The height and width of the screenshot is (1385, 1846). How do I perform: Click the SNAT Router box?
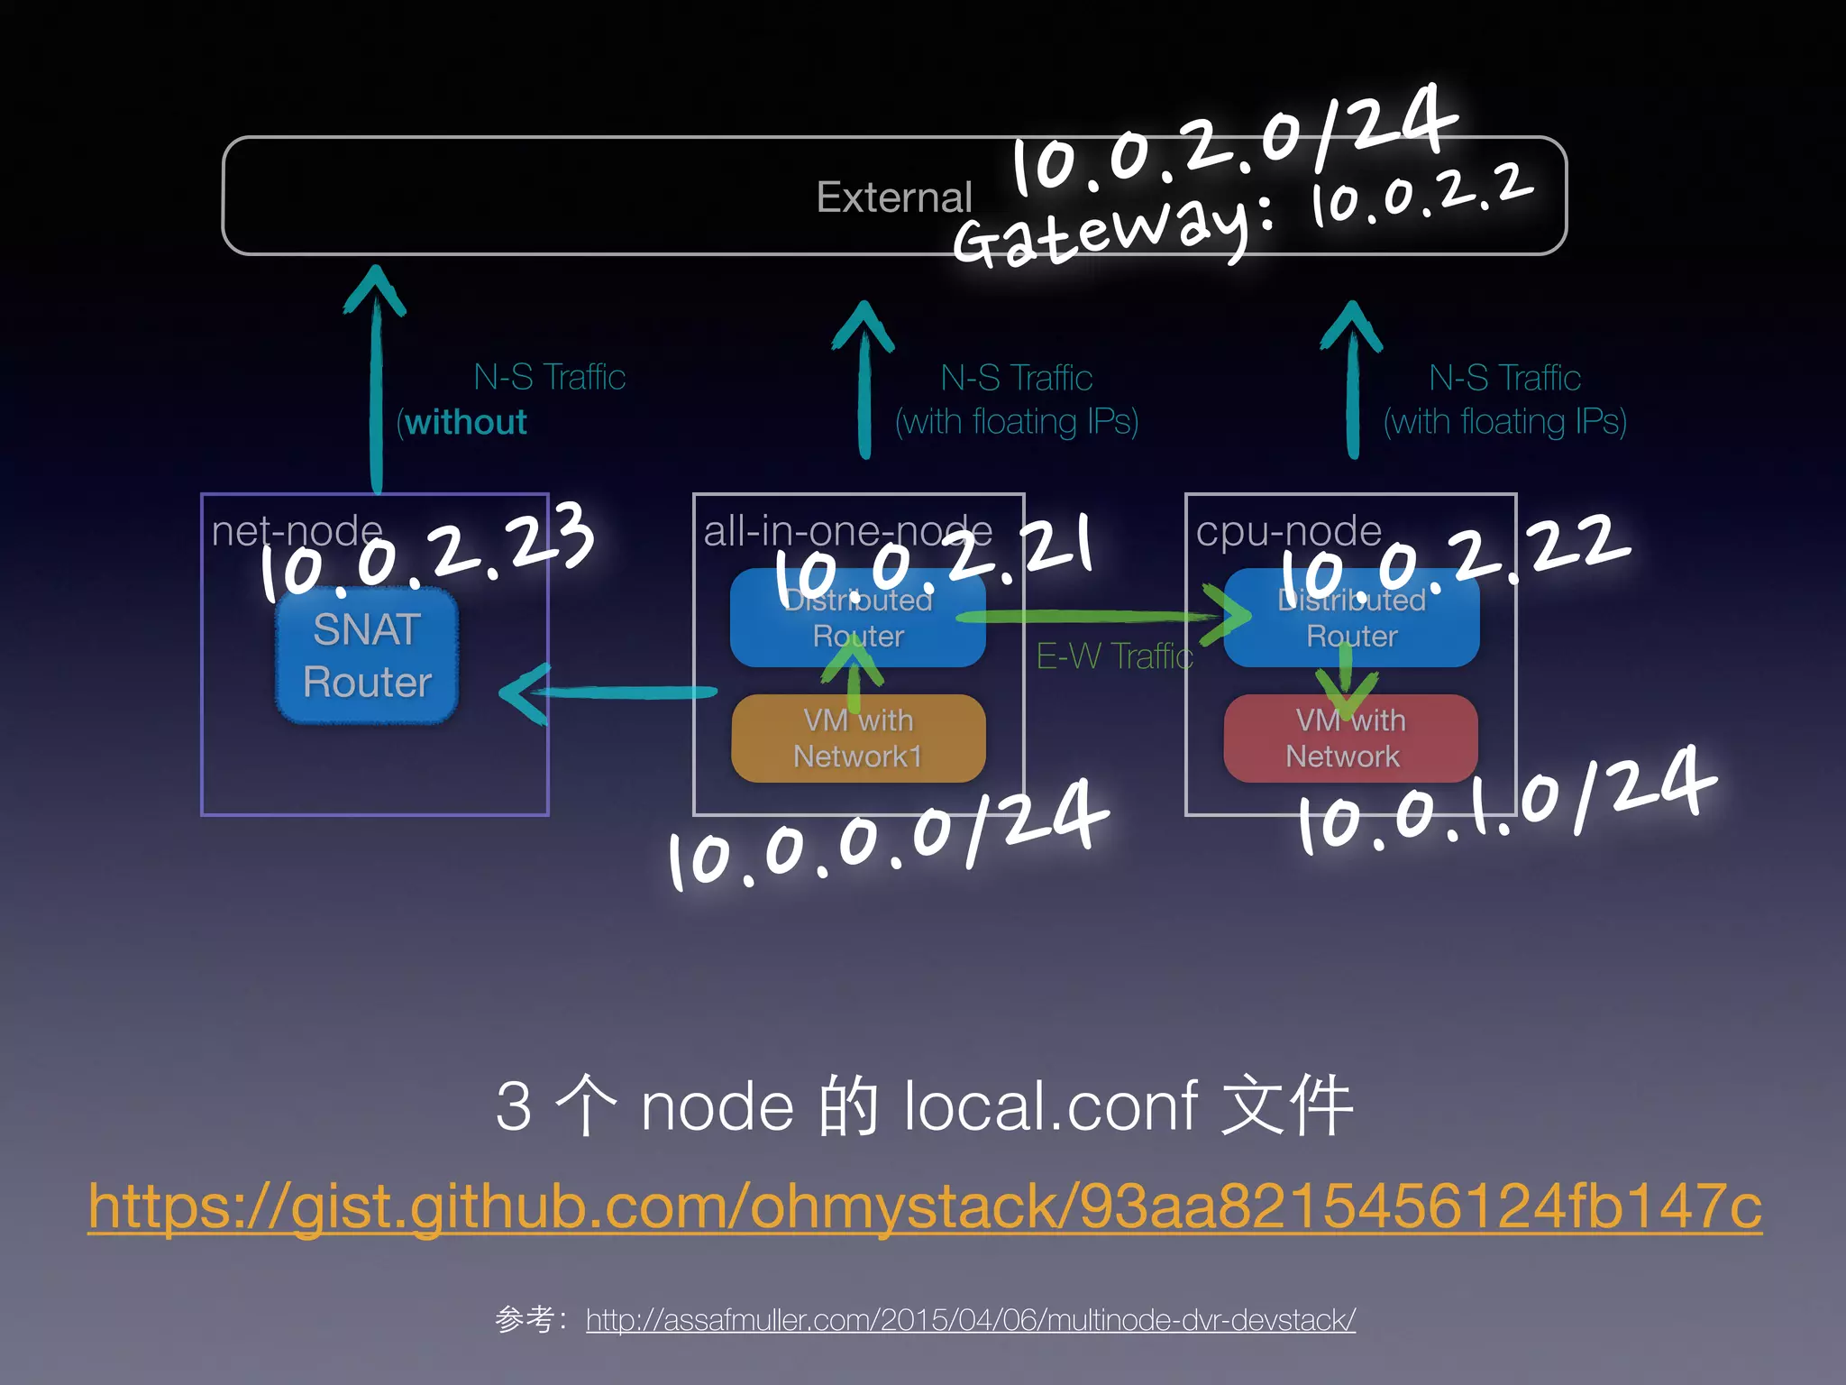[367, 656]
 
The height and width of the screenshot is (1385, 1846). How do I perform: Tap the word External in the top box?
[893, 197]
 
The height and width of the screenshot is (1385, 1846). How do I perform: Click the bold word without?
[466, 422]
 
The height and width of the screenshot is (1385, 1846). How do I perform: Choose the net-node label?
[297, 530]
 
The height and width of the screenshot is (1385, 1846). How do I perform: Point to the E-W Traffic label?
[1114, 656]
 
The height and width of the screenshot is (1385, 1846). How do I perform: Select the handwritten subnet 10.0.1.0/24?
[1505, 803]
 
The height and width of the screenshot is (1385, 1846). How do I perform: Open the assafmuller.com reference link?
[970, 1319]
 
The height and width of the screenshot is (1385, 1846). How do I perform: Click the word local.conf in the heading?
[1050, 1105]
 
